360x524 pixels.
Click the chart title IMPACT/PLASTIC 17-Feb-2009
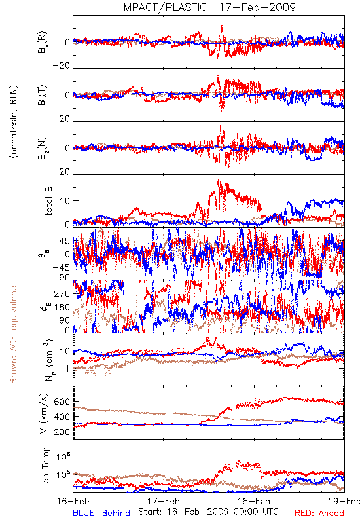tap(208, 7)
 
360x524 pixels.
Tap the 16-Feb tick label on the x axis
tap(73, 501)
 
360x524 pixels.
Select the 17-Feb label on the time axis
tap(164, 501)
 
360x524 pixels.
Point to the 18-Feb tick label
tap(254, 501)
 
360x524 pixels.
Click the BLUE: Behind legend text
tap(101, 514)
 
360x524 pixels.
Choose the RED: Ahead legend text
tap(319, 514)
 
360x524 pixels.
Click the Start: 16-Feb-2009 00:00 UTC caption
tap(208, 512)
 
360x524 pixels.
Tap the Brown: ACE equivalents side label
tap(13, 333)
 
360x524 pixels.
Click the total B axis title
tap(48, 201)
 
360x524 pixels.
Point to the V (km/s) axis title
tap(44, 413)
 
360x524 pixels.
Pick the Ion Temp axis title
tap(45, 466)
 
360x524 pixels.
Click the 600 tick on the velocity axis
tap(62, 402)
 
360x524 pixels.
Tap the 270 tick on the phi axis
tap(62, 293)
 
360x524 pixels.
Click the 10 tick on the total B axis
tap(64, 201)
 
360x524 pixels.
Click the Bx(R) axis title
tap(43, 43)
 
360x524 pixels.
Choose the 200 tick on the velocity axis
tap(62, 432)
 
